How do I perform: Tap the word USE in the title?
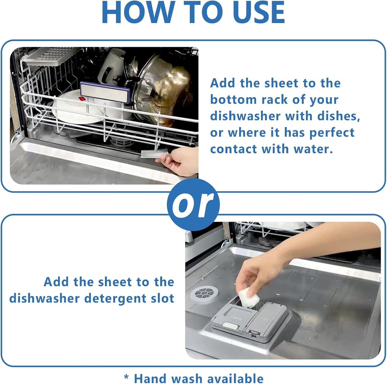pos(258,12)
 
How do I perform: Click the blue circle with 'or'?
pos(193,204)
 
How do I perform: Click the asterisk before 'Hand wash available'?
pos(126,377)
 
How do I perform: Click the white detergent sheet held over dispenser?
pos(249,296)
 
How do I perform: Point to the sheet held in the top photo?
pos(154,154)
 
